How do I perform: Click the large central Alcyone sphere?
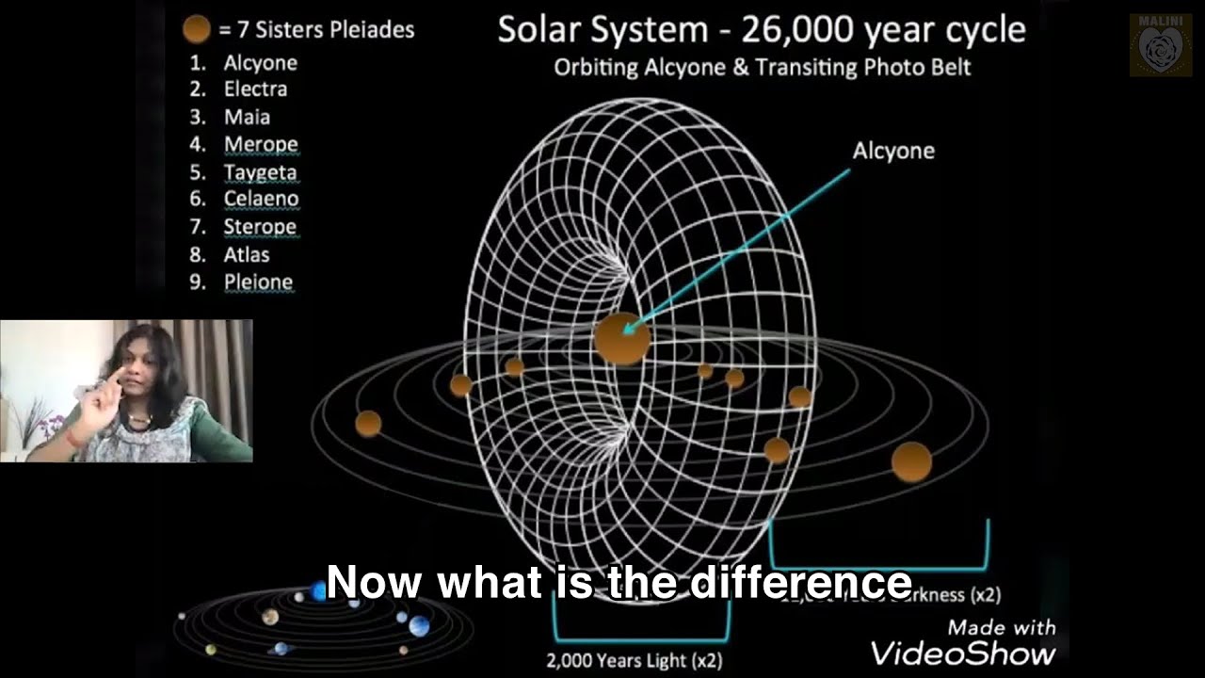[622, 338]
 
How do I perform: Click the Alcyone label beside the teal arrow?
[892, 151]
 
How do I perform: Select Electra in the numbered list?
[255, 89]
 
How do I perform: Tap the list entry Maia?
[247, 117]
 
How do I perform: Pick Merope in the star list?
[261, 145]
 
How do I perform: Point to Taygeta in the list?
[260, 172]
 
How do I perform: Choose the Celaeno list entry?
[261, 199]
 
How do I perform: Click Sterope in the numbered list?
[260, 227]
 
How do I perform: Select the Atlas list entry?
[247, 254]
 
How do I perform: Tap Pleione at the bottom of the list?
[258, 282]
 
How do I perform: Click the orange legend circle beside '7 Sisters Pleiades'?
[196, 30]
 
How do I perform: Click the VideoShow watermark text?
[962, 653]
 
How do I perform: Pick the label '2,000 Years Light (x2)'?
[634, 660]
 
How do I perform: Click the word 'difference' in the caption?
[801, 583]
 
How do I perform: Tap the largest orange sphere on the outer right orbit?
[911, 461]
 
